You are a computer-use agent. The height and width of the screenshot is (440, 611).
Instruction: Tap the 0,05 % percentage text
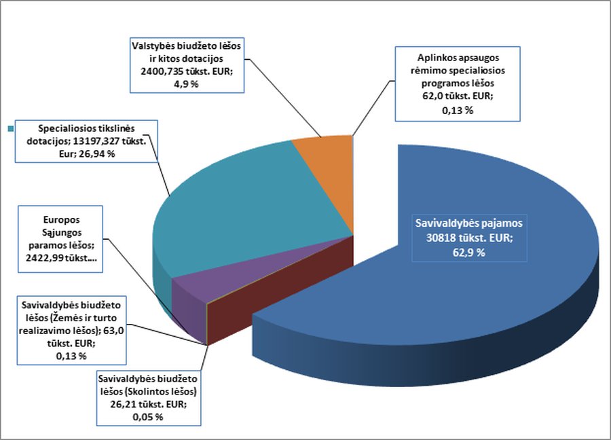(x=148, y=416)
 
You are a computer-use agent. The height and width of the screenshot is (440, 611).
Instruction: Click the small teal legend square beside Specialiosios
(x=11, y=128)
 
